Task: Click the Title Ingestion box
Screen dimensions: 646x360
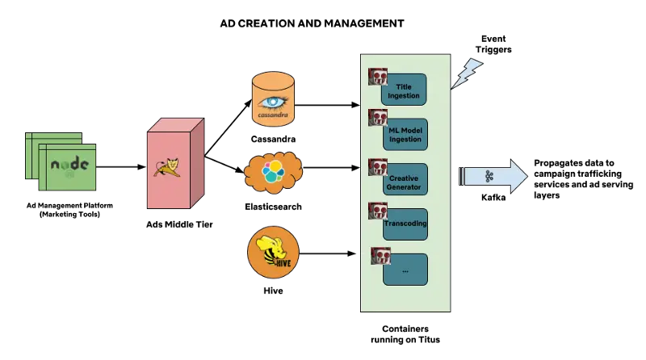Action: click(x=405, y=90)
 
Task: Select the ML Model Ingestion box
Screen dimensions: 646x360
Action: click(x=405, y=135)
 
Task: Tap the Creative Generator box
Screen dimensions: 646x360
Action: click(x=405, y=179)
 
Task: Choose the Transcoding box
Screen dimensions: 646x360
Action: click(x=405, y=224)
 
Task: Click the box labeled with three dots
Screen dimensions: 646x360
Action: click(x=405, y=270)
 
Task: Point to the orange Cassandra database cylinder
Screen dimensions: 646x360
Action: click(x=273, y=98)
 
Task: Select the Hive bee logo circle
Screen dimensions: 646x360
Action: click(x=273, y=252)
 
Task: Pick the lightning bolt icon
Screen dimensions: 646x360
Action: click(x=467, y=73)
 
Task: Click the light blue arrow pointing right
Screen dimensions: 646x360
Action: click(x=494, y=176)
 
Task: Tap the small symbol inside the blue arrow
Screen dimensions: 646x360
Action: click(x=489, y=176)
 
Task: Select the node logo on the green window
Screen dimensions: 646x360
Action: click(x=69, y=165)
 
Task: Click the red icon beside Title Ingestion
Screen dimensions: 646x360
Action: click(x=378, y=77)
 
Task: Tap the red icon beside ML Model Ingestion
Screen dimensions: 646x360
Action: click(x=378, y=118)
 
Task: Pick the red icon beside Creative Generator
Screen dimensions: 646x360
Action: click(x=378, y=168)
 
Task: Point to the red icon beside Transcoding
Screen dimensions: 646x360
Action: click(x=378, y=211)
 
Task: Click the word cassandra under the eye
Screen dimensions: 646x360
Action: click(x=273, y=115)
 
